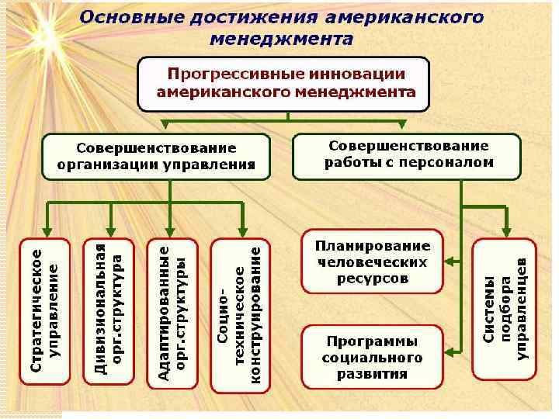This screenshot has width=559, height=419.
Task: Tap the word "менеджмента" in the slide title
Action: coord(280,37)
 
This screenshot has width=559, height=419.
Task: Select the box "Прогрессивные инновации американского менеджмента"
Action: coord(284,83)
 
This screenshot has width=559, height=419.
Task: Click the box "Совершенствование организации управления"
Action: coord(156,156)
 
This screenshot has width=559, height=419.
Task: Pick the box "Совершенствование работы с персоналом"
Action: coord(407,154)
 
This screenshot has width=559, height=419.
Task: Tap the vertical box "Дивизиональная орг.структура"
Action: coord(109,310)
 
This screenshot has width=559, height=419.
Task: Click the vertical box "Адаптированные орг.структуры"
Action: coord(173,311)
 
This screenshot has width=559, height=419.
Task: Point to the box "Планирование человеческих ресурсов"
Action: coord(371,261)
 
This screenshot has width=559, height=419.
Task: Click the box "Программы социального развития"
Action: coord(371,357)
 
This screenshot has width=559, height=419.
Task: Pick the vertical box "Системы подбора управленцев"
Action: coord(505,309)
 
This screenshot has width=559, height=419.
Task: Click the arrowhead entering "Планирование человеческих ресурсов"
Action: coord(450,261)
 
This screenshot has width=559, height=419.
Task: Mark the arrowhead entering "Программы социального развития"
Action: coord(450,357)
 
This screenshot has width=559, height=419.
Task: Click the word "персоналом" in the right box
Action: coord(454,163)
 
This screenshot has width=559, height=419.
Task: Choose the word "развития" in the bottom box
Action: coord(372,374)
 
